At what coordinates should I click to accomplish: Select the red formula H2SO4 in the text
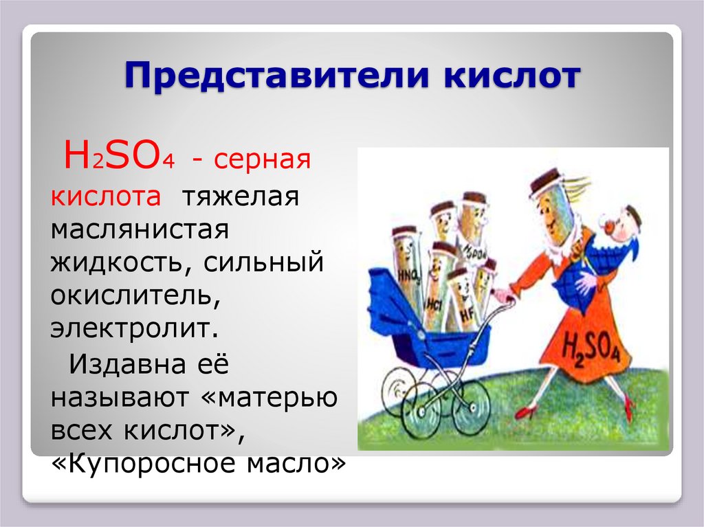click(x=118, y=159)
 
